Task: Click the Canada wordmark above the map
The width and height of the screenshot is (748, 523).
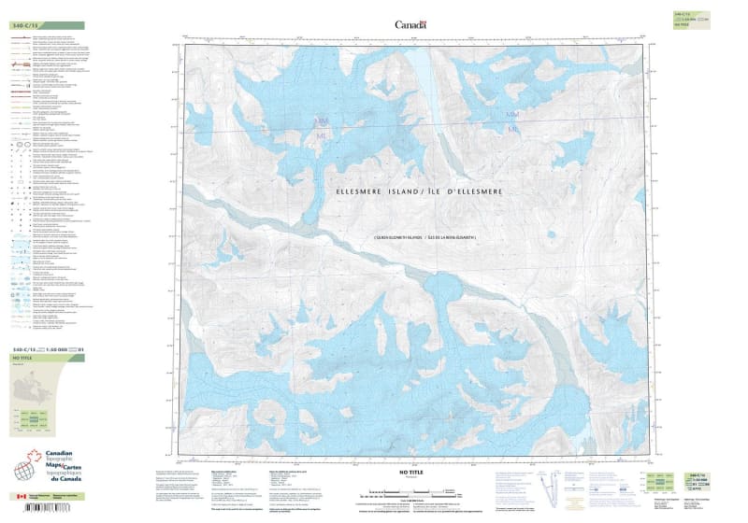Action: (410, 25)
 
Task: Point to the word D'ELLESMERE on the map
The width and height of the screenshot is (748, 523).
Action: (475, 191)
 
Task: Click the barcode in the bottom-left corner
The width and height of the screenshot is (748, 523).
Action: (42, 509)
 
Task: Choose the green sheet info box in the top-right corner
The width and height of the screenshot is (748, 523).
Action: (693, 19)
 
